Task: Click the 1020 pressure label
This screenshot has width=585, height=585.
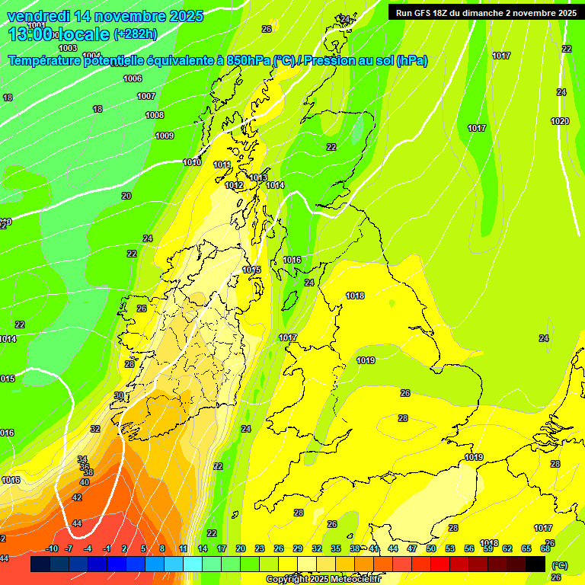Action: click(560, 121)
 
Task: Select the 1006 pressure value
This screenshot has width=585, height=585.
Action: click(133, 78)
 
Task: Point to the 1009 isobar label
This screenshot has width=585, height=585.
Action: click(165, 136)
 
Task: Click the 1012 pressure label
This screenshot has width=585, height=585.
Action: click(234, 185)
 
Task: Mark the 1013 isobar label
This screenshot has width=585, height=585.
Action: click(258, 177)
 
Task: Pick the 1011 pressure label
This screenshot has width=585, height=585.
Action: click(222, 165)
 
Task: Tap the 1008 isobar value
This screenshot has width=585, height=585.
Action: click(155, 115)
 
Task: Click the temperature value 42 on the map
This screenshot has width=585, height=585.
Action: click(77, 497)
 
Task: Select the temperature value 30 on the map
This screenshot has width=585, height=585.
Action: click(119, 395)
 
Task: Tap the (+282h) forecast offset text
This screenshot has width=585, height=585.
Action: click(135, 34)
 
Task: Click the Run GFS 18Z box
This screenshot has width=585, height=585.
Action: click(485, 13)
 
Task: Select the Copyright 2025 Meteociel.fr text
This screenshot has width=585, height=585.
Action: click(323, 579)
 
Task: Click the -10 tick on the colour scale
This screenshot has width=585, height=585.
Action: click(52, 548)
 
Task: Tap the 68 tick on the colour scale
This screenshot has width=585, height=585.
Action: click(545, 548)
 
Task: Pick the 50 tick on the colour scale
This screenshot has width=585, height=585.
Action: click(431, 548)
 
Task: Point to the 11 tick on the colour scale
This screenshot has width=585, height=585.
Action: click(184, 548)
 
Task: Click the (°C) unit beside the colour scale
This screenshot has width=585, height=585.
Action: click(559, 565)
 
